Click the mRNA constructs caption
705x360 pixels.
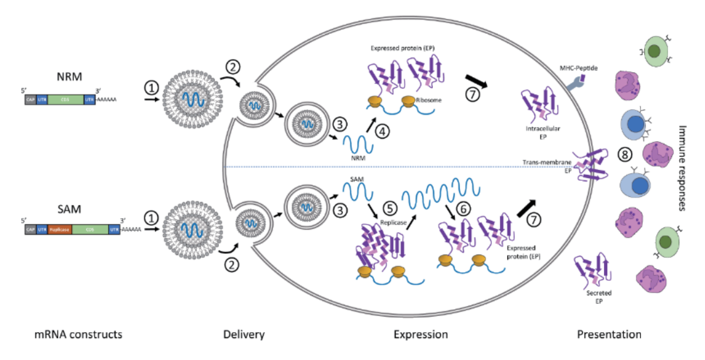click(78, 334)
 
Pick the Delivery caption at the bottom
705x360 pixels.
click(244, 334)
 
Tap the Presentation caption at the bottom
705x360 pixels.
click(609, 334)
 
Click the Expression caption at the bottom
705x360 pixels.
click(421, 334)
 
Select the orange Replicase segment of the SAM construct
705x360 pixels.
click(60, 230)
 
